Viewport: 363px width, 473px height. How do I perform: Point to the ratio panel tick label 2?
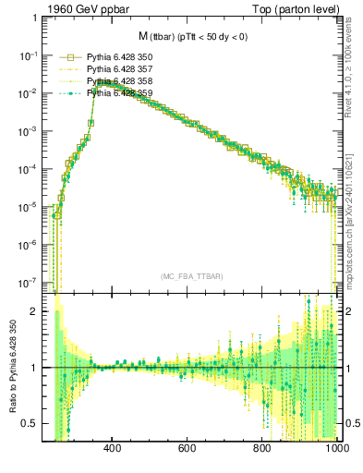(33, 311)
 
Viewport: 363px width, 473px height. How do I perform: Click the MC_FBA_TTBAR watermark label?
(190, 277)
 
